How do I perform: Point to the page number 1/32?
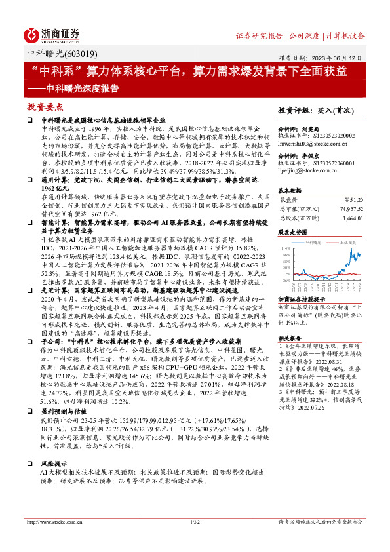(x=194, y=540)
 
